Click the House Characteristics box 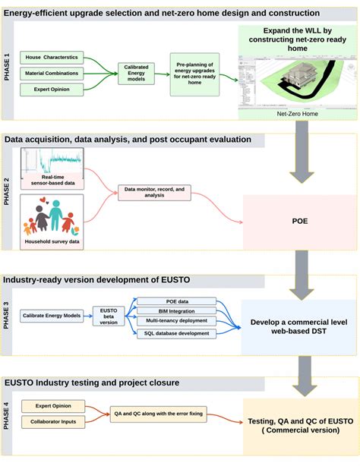52,58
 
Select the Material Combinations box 52,73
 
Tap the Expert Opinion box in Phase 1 52,88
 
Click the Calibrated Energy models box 137,73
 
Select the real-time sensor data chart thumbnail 52,164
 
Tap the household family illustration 52,214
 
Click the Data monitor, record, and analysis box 155,192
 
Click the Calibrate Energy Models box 52,314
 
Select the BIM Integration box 175,311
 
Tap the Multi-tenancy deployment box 175,322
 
